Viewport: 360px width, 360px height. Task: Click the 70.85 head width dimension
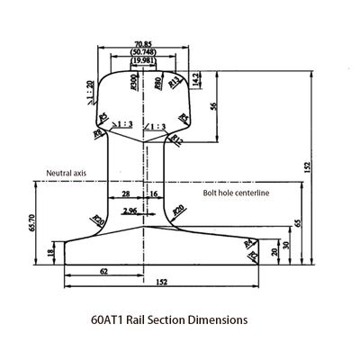tap(142, 42)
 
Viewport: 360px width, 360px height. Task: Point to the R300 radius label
tap(133, 85)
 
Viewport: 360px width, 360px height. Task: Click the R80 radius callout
tap(158, 84)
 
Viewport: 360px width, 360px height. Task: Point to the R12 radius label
tap(177, 139)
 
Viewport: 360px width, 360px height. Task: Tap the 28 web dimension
tap(125, 193)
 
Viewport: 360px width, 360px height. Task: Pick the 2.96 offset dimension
tap(131, 211)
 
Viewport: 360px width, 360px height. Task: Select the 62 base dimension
tap(104, 271)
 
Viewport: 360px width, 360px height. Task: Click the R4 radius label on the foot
tap(247, 242)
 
